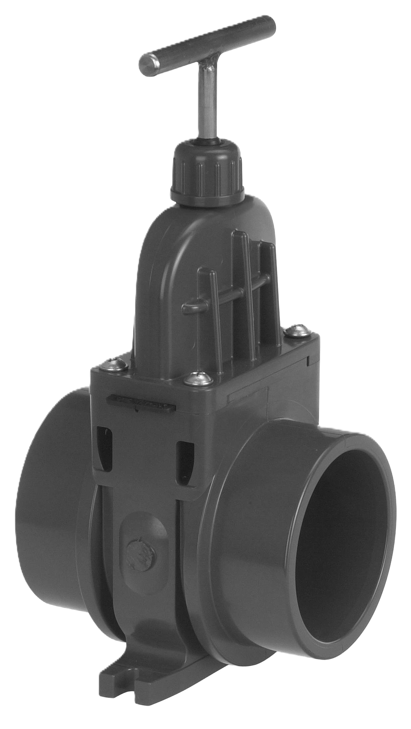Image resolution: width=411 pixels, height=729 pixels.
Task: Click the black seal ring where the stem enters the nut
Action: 207,142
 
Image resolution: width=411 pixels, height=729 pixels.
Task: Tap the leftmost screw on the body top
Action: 119,363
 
